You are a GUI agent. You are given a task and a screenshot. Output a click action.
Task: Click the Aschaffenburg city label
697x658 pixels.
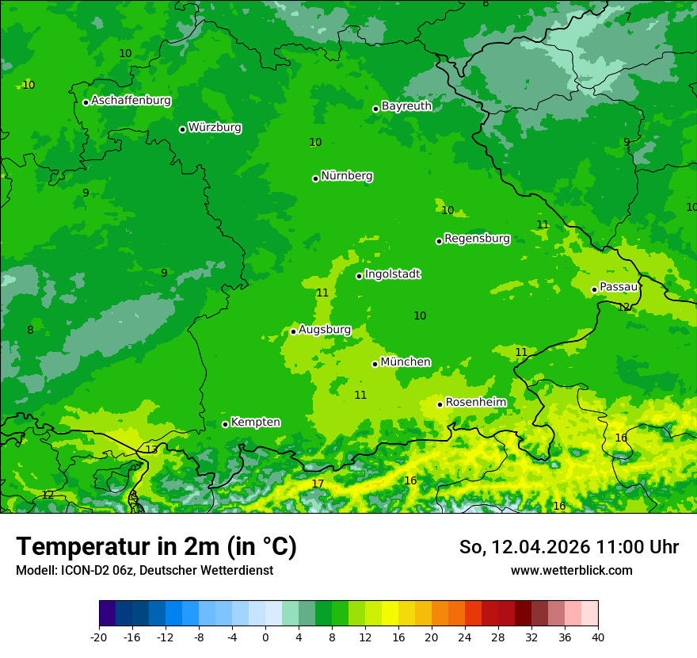pos(131,101)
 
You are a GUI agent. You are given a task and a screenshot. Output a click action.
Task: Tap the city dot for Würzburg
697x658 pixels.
pos(182,129)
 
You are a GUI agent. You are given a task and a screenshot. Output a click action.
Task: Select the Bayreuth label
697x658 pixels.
pos(406,105)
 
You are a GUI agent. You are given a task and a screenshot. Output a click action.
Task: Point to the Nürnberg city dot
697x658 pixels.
pos(315,178)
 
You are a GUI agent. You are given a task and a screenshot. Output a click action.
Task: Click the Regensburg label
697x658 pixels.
pos(477,238)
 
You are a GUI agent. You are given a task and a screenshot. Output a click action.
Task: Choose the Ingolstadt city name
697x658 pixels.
pos(392,274)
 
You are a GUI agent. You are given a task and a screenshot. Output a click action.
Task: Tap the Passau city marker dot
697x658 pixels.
pos(594,289)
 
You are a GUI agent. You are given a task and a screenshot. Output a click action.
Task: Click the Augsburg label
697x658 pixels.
pos(324,329)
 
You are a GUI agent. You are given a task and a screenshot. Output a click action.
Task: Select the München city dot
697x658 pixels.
pos(375,364)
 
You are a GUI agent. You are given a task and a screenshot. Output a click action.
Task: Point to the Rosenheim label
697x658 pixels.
pos(475,402)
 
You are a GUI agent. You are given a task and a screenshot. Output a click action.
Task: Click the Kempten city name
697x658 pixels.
pos(255,422)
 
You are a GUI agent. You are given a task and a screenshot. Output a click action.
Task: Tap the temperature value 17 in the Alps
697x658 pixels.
pos(318,484)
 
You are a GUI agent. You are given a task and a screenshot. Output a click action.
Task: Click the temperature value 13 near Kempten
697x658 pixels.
pos(151,450)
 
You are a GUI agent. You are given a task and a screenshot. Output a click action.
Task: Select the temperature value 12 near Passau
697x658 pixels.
pos(623,307)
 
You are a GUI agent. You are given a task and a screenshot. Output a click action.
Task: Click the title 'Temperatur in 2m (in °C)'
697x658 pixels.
pos(156,547)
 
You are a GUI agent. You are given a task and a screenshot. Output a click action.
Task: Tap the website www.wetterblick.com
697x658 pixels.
pos(571,571)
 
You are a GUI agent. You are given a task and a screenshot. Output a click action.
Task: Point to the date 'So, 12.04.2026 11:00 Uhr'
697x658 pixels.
pos(569,547)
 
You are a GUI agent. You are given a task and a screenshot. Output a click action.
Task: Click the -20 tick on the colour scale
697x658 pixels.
pos(99,637)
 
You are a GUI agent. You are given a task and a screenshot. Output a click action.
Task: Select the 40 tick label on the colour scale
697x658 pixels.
pos(597,637)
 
